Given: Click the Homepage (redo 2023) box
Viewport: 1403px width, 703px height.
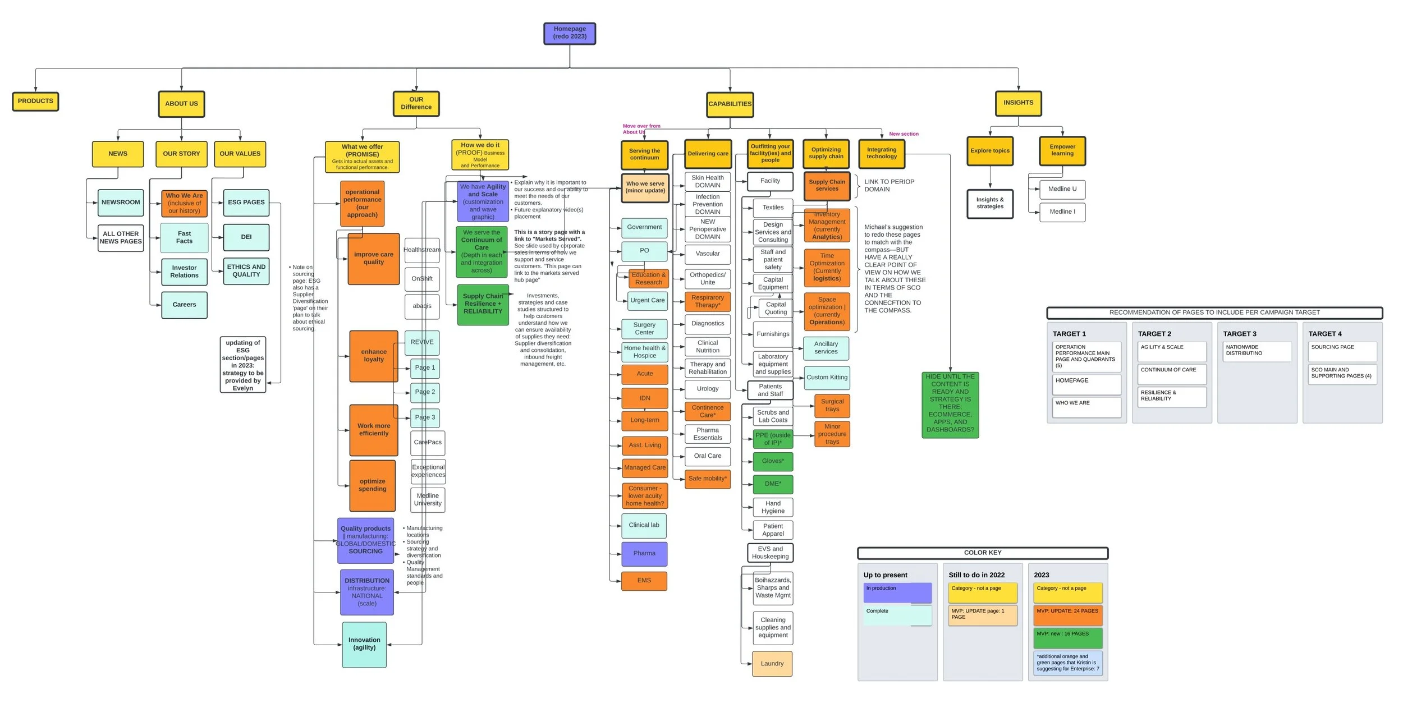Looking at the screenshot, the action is tap(570, 33).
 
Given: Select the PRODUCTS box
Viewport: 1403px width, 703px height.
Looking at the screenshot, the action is tap(35, 102).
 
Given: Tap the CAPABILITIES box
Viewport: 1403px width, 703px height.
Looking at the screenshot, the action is tap(730, 104).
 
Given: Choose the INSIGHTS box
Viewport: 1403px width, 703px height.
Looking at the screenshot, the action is tap(1018, 103).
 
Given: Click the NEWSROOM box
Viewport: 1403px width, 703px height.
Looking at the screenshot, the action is tap(121, 203).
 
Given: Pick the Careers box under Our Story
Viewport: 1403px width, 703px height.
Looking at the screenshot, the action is tap(184, 305).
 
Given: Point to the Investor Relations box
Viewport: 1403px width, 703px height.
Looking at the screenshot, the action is tap(184, 272).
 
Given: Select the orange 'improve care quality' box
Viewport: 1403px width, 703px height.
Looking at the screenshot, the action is tap(373, 259).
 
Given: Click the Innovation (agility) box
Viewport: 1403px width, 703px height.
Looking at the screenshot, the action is tap(364, 644).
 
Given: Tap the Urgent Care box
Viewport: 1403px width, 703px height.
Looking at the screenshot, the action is tap(647, 301).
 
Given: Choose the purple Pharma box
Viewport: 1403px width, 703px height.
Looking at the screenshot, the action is tap(644, 554).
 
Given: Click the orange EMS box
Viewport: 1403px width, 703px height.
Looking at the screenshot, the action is tap(644, 581).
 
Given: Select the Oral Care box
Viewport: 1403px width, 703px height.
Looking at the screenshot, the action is tap(708, 456).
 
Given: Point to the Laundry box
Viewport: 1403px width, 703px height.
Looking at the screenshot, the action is tap(772, 664).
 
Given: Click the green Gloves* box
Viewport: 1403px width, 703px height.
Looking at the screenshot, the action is tap(773, 461).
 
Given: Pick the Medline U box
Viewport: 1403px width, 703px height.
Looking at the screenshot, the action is tap(1062, 189).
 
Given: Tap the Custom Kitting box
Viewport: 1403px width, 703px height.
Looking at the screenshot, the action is tap(827, 378).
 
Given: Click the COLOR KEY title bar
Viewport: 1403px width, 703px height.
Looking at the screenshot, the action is tap(983, 553).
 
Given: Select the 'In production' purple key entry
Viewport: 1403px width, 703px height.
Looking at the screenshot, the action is tap(897, 592).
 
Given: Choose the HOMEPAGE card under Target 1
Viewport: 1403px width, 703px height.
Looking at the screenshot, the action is tap(1086, 384).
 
